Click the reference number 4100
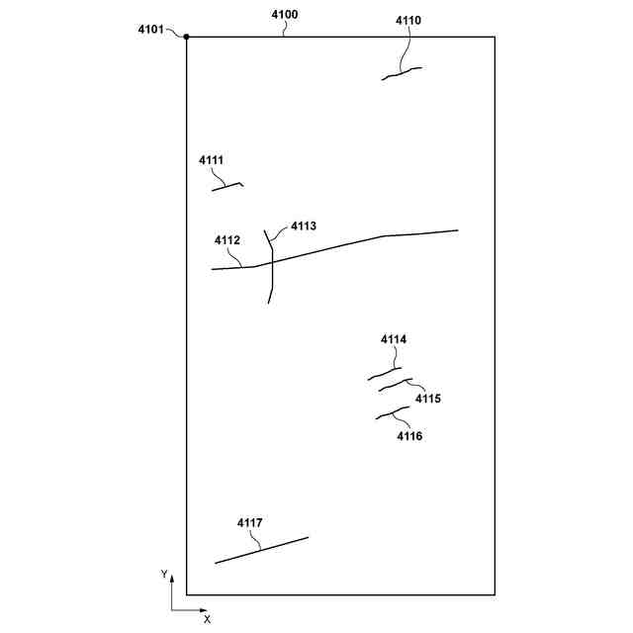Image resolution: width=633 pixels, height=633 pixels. [284, 15]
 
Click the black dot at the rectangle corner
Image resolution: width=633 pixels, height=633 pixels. [187, 37]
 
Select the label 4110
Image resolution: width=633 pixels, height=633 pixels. [407, 20]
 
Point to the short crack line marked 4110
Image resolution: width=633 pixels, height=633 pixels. [402, 72]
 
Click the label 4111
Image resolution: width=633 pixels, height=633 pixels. [211, 159]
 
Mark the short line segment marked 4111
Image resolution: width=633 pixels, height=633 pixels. [226, 185]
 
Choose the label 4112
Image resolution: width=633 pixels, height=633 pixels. [226, 240]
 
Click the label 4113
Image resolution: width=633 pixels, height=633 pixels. [304, 226]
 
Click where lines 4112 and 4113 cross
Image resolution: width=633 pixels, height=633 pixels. [270, 262]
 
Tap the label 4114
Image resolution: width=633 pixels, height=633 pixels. [394, 339]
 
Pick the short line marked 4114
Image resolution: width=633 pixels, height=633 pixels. [385, 374]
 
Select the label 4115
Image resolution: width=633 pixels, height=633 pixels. [428, 399]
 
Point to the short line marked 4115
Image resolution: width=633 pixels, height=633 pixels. [395, 385]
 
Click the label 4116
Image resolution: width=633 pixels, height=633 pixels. [409, 435]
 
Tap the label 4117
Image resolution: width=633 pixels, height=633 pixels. [250, 522]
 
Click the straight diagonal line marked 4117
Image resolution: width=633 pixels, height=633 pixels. [262, 550]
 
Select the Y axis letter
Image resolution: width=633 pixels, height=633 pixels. [164, 574]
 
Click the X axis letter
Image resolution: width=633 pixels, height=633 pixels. [207, 619]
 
